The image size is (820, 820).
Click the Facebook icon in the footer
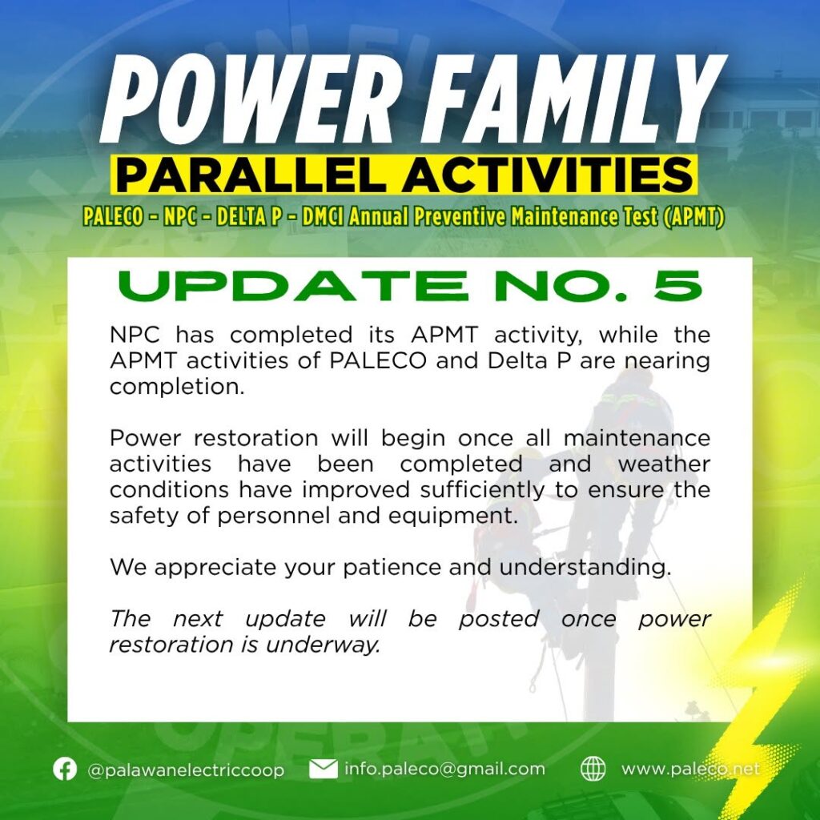65,769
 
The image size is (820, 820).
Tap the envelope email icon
324,769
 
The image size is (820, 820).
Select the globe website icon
593,769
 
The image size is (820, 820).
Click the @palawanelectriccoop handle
186,770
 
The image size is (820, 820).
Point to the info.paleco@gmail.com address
444,769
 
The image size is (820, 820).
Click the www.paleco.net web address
690,769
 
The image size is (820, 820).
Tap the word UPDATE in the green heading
292,286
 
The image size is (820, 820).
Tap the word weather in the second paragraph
664,464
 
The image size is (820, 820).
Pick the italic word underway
322,645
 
